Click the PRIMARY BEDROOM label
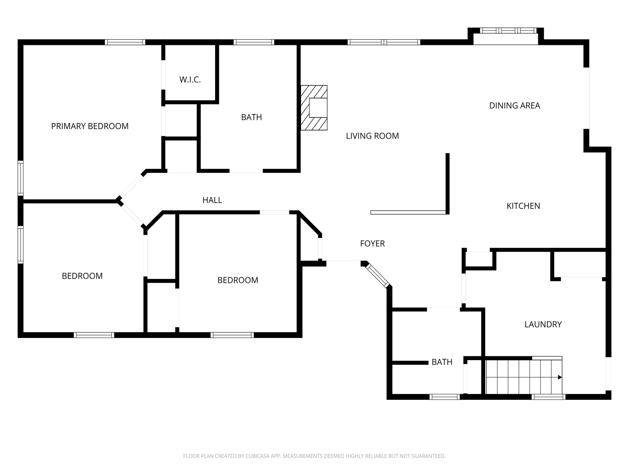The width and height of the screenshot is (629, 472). click(x=90, y=126)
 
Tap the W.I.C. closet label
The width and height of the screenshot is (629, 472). click(x=190, y=80)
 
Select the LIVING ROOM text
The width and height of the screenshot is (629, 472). click(x=372, y=136)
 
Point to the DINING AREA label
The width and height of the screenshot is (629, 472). click(x=515, y=105)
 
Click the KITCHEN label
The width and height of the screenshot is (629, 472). click(x=523, y=206)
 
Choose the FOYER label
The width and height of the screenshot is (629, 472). click(x=372, y=244)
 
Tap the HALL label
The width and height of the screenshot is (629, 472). click(x=212, y=200)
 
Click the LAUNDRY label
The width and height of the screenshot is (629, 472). click(x=543, y=324)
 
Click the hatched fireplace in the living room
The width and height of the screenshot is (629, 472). click(x=314, y=108)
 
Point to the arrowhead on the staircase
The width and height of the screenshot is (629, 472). click(x=560, y=377)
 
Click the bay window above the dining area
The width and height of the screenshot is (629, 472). click(x=508, y=31)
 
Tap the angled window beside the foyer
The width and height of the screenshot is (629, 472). click(x=377, y=276)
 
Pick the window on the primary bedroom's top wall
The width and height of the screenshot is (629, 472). click(x=125, y=42)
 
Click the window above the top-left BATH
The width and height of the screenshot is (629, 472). click(x=254, y=42)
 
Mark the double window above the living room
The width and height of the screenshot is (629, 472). click(x=384, y=42)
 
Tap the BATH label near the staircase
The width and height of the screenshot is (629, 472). click(x=442, y=362)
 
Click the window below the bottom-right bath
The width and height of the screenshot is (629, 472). click(x=444, y=397)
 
